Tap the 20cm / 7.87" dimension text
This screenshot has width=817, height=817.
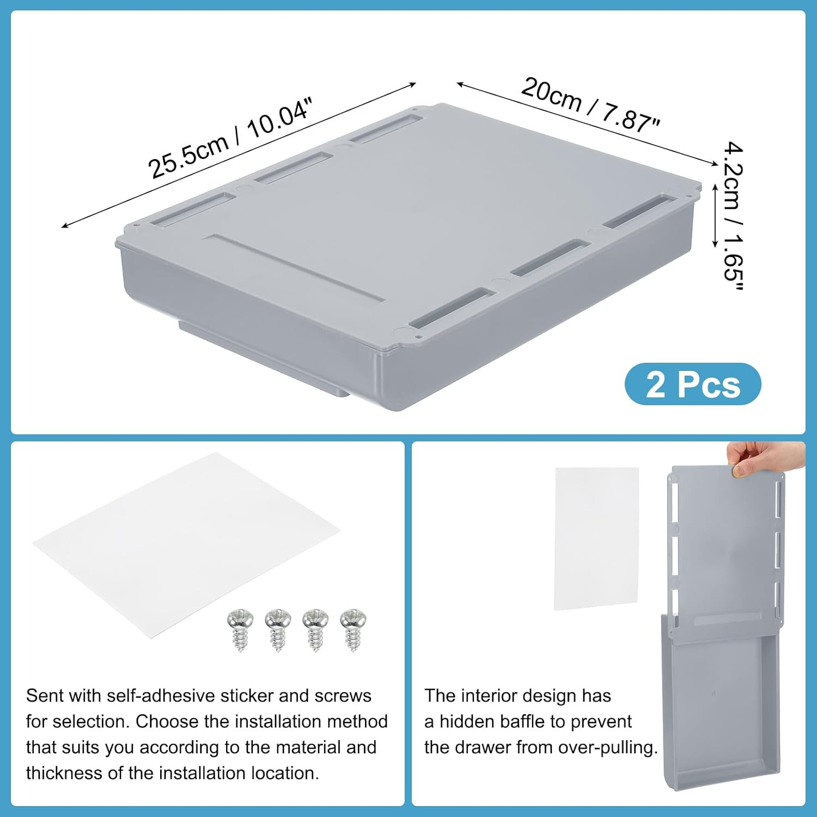[x=590, y=104]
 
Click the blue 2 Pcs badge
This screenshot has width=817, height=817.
[x=692, y=385]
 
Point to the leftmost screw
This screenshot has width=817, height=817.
[x=240, y=629]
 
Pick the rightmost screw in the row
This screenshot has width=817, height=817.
[x=353, y=629]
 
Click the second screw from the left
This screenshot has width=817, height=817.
[x=278, y=629]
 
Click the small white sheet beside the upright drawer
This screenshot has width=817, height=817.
[x=596, y=538]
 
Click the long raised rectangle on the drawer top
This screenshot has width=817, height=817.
[x=297, y=267]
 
